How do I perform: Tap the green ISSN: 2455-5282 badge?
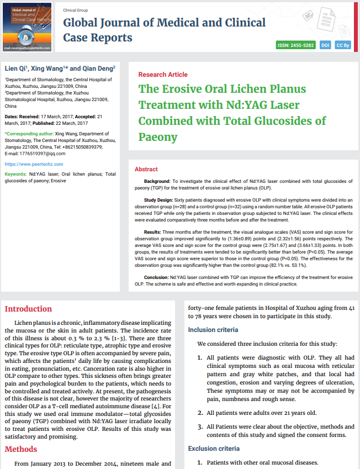(295, 45)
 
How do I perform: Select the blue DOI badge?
(325, 45)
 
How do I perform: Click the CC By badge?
(343, 45)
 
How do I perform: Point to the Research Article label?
(163, 75)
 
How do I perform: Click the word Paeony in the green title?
(158, 136)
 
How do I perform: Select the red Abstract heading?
(146, 169)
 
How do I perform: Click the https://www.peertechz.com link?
(34, 164)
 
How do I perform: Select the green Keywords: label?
(15, 174)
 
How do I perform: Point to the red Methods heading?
(21, 449)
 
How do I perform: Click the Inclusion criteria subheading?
(213, 330)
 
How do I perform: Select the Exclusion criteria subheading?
(214, 448)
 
